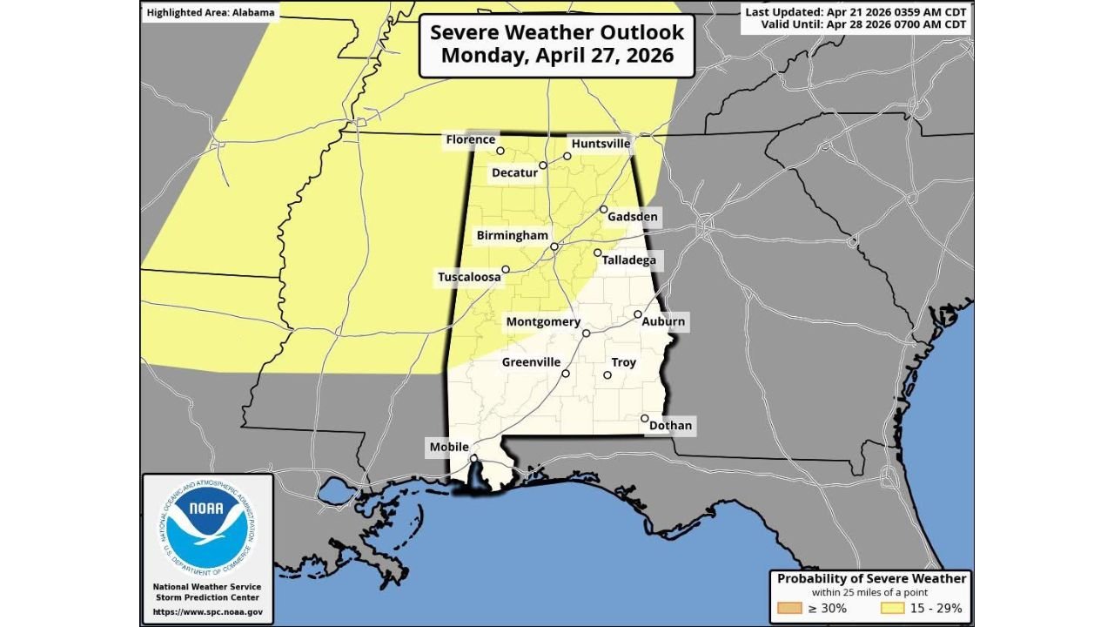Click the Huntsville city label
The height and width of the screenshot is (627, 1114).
(601, 144)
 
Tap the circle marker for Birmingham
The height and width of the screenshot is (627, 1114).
(554, 246)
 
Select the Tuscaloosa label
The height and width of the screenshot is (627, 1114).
(469, 277)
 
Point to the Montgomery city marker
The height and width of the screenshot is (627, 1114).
(586, 333)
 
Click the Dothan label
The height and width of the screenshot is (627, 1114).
(670, 426)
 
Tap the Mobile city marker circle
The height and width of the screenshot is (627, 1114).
(473, 458)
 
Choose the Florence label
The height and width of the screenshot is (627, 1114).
(471, 139)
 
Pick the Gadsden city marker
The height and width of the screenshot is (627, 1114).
(603, 210)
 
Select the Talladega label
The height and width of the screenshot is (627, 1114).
(628, 260)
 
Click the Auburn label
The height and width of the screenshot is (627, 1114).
(663, 321)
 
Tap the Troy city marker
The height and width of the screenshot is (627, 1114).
(607, 376)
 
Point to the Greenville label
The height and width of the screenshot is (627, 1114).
(531, 362)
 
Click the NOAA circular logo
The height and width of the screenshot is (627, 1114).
(207, 527)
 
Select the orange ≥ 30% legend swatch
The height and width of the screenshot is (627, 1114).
(789, 608)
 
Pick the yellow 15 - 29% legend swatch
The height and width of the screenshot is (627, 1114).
(894, 608)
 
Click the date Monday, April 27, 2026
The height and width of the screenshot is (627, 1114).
(558, 55)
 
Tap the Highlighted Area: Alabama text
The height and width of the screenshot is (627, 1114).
(211, 13)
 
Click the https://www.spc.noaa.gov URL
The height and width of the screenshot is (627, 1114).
(208, 612)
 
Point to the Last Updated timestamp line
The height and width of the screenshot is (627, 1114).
(856, 11)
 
